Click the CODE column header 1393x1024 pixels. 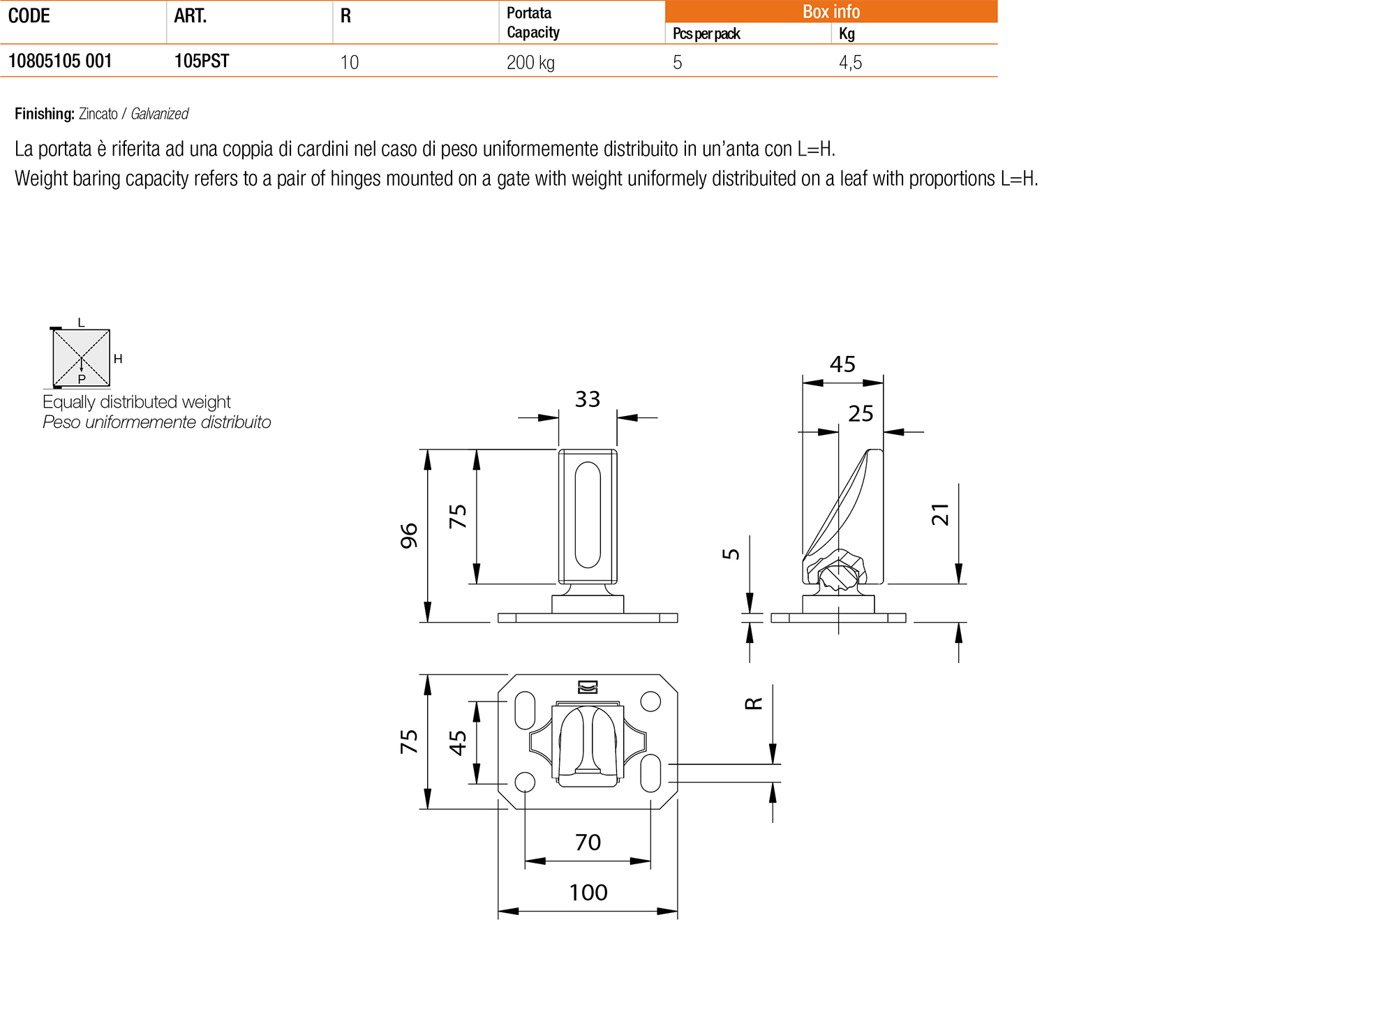pos(29,16)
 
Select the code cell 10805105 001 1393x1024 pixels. pos(60,61)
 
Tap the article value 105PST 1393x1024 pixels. pos(202,61)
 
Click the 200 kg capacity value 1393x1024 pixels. pos(530,63)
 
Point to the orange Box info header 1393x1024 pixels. pos(830,12)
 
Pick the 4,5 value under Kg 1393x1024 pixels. pos(850,63)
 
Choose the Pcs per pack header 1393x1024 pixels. pos(706,34)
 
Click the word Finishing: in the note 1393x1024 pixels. pos(45,114)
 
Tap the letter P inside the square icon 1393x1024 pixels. pos(82,379)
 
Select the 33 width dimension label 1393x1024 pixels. pos(588,399)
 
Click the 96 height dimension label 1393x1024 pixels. pos(409,535)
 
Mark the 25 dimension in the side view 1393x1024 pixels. pos(861,414)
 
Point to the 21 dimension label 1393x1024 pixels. pos(941,514)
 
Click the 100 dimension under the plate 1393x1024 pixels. pos(588,892)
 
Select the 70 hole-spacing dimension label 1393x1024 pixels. pos(588,843)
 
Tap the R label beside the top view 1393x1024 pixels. pos(754,704)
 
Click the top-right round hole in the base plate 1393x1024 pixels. pos(650,701)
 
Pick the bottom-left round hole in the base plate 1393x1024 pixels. pos(525,782)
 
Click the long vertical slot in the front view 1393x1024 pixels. pos(588,515)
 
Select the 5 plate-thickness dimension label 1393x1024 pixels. pos(731,554)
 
